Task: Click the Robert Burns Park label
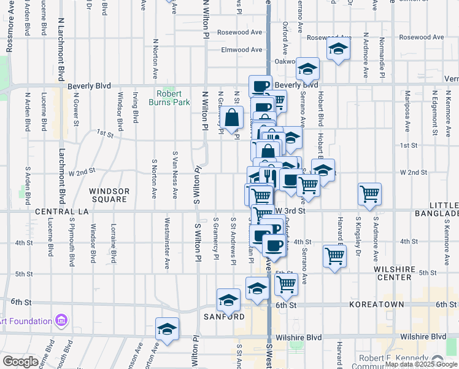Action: tap(169, 98)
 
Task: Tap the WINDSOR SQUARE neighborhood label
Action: tap(109, 196)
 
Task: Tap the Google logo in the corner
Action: tap(20, 362)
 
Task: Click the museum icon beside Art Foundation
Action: tap(61, 320)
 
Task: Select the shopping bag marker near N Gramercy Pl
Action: tap(233, 117)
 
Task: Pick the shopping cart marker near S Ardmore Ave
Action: tap(369, 194)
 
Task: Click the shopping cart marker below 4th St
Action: tap(334, 255)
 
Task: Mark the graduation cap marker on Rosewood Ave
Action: tap(337, 49)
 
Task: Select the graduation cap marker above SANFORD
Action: tap(228, 300)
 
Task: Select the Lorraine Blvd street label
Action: tap(114, 244)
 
